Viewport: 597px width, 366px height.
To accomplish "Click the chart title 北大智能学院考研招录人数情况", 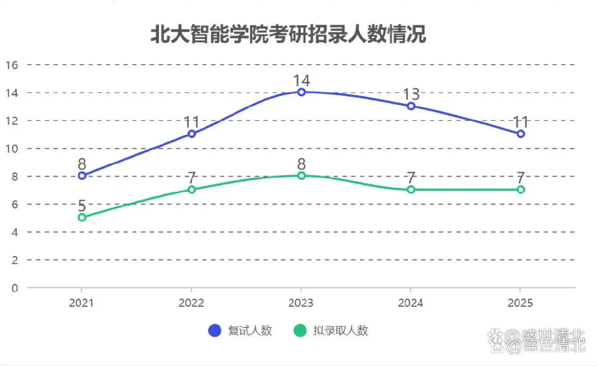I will (288, 35).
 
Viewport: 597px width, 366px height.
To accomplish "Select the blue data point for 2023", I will (301, 92).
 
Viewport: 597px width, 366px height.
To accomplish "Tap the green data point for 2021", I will (82, 217).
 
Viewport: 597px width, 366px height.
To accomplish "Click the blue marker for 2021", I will (82, 176).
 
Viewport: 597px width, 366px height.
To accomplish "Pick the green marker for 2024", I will (411, 189).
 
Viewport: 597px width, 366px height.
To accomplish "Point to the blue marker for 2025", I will (520, 134).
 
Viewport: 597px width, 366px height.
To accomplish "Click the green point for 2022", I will (192, 189).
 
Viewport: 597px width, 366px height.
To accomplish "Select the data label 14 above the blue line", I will (301, 81).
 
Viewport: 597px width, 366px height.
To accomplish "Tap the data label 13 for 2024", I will (411, 94).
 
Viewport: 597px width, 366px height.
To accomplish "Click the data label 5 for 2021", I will (82, 205).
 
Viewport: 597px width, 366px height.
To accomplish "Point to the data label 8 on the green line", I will (301, 164).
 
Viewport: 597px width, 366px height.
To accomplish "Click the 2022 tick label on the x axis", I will (192, 303).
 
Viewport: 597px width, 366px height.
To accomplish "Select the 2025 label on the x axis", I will (520, 303).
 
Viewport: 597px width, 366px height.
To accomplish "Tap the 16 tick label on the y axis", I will (12, 65).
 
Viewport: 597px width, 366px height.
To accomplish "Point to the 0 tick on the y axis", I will (15, 287).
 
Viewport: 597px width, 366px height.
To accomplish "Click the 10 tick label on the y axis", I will (12, 148).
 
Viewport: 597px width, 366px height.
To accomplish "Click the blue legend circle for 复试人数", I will (214, 330).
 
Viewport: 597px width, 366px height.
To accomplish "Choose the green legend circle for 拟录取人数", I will (300, 330).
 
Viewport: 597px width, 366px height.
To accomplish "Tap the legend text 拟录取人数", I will (340, 330).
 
